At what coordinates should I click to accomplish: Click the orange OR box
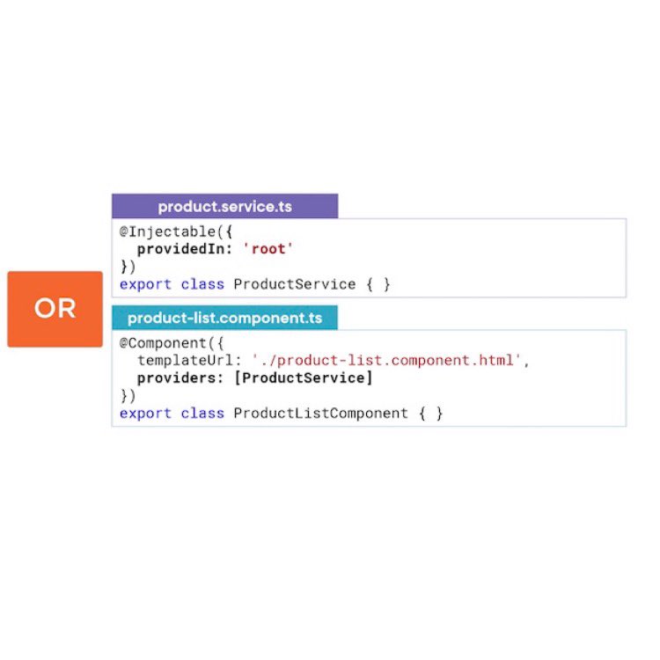pyautogui.click(x=55, y=309)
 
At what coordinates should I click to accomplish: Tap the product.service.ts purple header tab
pyautogui.click(x=224, y=207)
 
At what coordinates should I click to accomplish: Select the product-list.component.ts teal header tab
pyautogui.click(x=224, y=318)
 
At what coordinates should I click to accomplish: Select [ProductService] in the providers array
pyautogui.click(x=299, y=378)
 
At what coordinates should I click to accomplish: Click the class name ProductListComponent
pyautogui.click(x=321, y=413)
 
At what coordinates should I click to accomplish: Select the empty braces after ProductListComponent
pyautogui.click(x=430, y=413)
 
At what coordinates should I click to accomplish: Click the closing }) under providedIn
pyautogui.click(x=128, y=267)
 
